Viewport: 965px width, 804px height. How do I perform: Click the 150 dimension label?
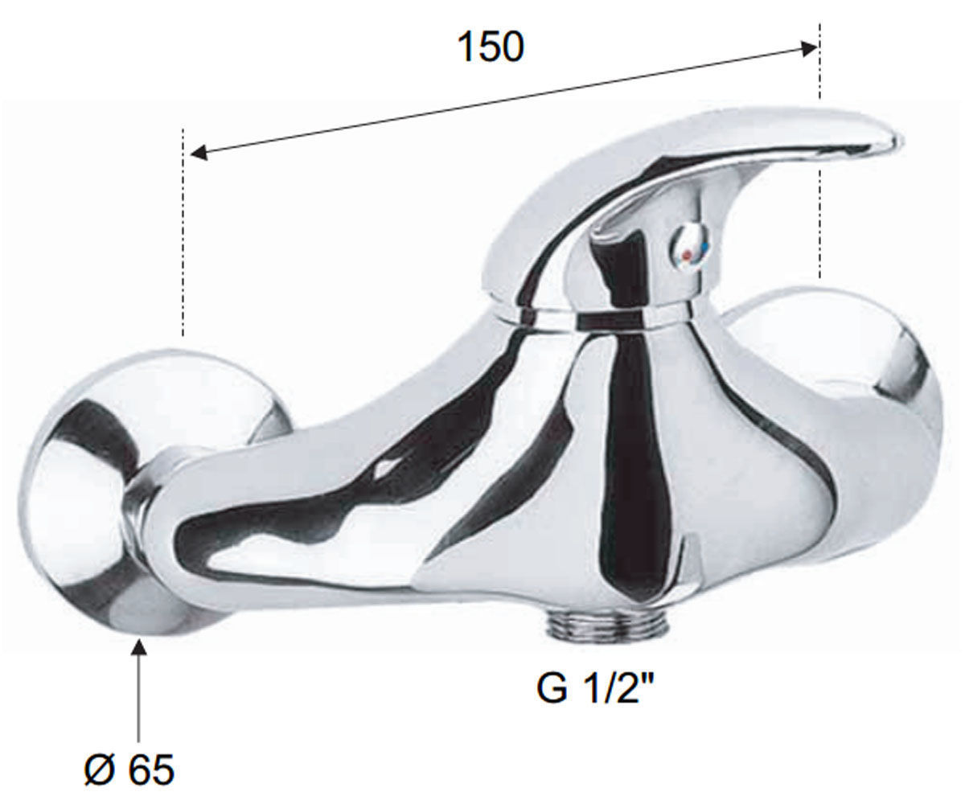491,47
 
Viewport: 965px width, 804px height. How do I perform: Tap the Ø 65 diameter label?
129,770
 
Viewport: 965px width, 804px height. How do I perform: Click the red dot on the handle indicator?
687,255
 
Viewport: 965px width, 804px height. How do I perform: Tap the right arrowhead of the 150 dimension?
809,47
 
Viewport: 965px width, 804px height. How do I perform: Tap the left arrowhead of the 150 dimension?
199,154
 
